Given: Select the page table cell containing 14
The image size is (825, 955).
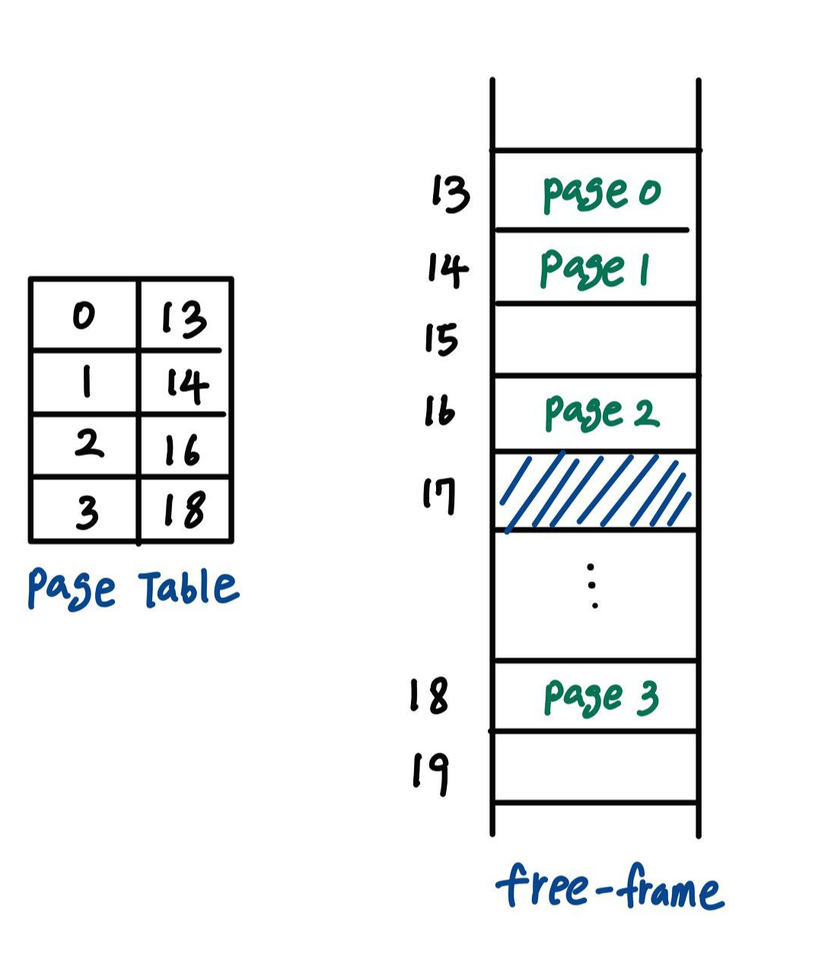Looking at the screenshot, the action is point(185,384).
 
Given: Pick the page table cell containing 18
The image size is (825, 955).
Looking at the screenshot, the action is point(183,509).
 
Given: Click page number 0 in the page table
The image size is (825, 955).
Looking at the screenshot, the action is point(84,315).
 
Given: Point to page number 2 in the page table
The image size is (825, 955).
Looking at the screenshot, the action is point(88,444).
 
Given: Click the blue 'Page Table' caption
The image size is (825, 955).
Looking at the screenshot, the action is point(133,589).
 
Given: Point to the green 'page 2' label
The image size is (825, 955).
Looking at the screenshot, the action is point(601,412).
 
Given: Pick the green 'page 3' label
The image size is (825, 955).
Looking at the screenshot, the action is point(600,697).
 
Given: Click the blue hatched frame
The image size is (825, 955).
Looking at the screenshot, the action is point(595,491).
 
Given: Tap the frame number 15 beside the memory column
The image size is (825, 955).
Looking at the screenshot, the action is point(441,339).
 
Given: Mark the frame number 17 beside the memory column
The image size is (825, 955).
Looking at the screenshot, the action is point(439,495).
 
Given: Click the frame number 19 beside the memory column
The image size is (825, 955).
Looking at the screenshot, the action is point(430,773).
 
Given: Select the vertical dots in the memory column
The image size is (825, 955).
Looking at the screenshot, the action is point(594,586).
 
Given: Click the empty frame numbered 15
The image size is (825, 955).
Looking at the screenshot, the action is point(595,339).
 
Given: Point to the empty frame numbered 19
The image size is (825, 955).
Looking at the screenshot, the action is point(595,767).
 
